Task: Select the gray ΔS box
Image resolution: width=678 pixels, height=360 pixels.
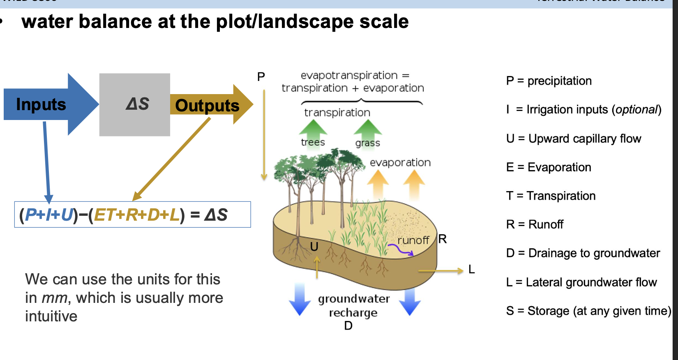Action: click(x=135, y=104)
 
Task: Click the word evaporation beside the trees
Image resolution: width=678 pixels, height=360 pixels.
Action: click(x=400, y=163)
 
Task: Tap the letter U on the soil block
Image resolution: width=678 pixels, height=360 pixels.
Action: click(x=314, y=247)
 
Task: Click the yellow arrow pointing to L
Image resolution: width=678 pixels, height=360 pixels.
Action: click(x=440, y=271)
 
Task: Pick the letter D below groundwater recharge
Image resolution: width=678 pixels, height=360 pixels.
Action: click(x=348, y=326)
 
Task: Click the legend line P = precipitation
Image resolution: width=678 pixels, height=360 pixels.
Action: click(x=549, y=81)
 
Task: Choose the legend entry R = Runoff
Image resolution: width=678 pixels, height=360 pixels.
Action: click(x=535, y=224)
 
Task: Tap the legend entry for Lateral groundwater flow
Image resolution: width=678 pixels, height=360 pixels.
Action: click(x=581, y=282)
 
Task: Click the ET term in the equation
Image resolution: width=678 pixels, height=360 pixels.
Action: click(x=104, y=215)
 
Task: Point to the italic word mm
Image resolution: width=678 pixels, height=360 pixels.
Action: click(x=55, y=298)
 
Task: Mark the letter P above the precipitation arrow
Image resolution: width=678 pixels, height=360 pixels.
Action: click(x=261, y=76)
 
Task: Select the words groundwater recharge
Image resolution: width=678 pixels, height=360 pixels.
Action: click(x=354, y=305)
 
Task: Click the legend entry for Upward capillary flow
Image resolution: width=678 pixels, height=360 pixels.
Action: click(x=574, y=139)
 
